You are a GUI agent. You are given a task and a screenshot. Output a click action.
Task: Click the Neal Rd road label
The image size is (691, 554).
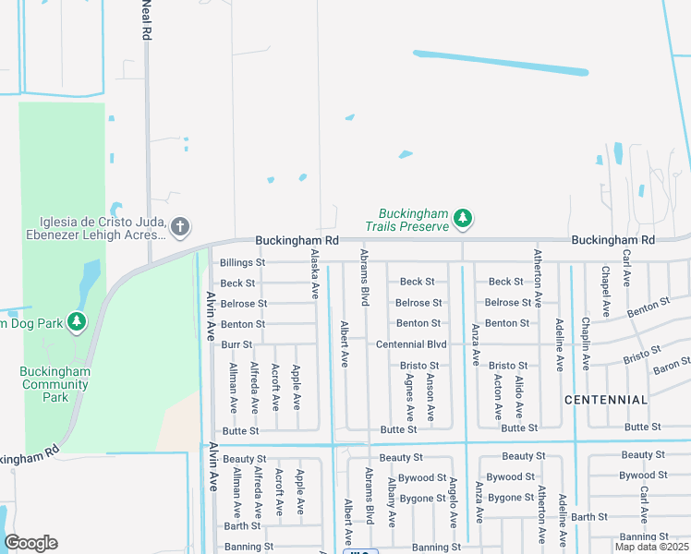146,20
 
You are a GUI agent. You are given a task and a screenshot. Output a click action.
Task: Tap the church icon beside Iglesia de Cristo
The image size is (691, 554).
180,225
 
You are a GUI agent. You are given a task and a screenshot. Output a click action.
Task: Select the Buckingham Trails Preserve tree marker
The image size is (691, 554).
463,219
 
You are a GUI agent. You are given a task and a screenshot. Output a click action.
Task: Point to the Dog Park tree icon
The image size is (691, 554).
77,322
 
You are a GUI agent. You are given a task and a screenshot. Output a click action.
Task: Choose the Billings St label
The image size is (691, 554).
242,262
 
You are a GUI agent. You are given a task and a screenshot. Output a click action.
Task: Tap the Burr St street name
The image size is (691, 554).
236,344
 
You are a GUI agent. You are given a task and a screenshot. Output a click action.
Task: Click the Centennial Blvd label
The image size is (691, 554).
411,344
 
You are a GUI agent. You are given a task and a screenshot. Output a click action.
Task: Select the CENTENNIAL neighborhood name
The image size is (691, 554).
606,400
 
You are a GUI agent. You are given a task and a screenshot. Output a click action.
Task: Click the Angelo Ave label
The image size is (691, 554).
454,503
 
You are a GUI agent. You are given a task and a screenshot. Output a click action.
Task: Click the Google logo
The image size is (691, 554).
30,543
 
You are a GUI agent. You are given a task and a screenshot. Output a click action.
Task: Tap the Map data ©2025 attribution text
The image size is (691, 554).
652,547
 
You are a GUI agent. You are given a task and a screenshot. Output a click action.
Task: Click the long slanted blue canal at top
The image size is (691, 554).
500,62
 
